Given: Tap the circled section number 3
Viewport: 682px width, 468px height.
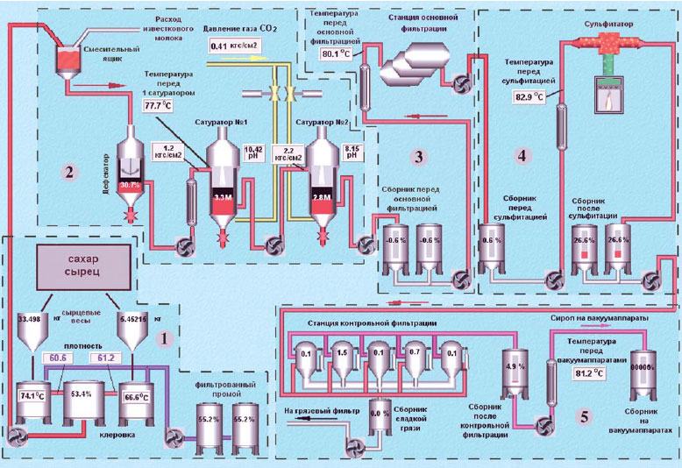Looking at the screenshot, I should (x=419, y=156).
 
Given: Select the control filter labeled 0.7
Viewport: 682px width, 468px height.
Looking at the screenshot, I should (x=418, y=354).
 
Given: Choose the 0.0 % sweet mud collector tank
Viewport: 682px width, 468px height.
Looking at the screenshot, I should (x=379, y=414).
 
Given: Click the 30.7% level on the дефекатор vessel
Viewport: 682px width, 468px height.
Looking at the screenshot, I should (x=131, y=186).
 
